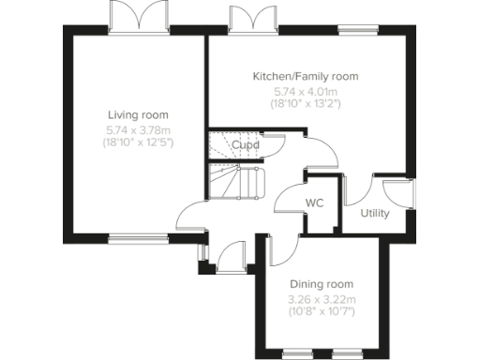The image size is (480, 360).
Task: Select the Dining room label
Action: tap(321, 284)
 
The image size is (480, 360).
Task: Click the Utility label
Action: tap(375, 213)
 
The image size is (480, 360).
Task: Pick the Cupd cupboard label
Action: tap(246, 145)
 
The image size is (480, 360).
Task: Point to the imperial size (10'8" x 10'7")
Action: tap(321, 311)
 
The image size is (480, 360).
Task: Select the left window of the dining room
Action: tap(297, 353)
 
